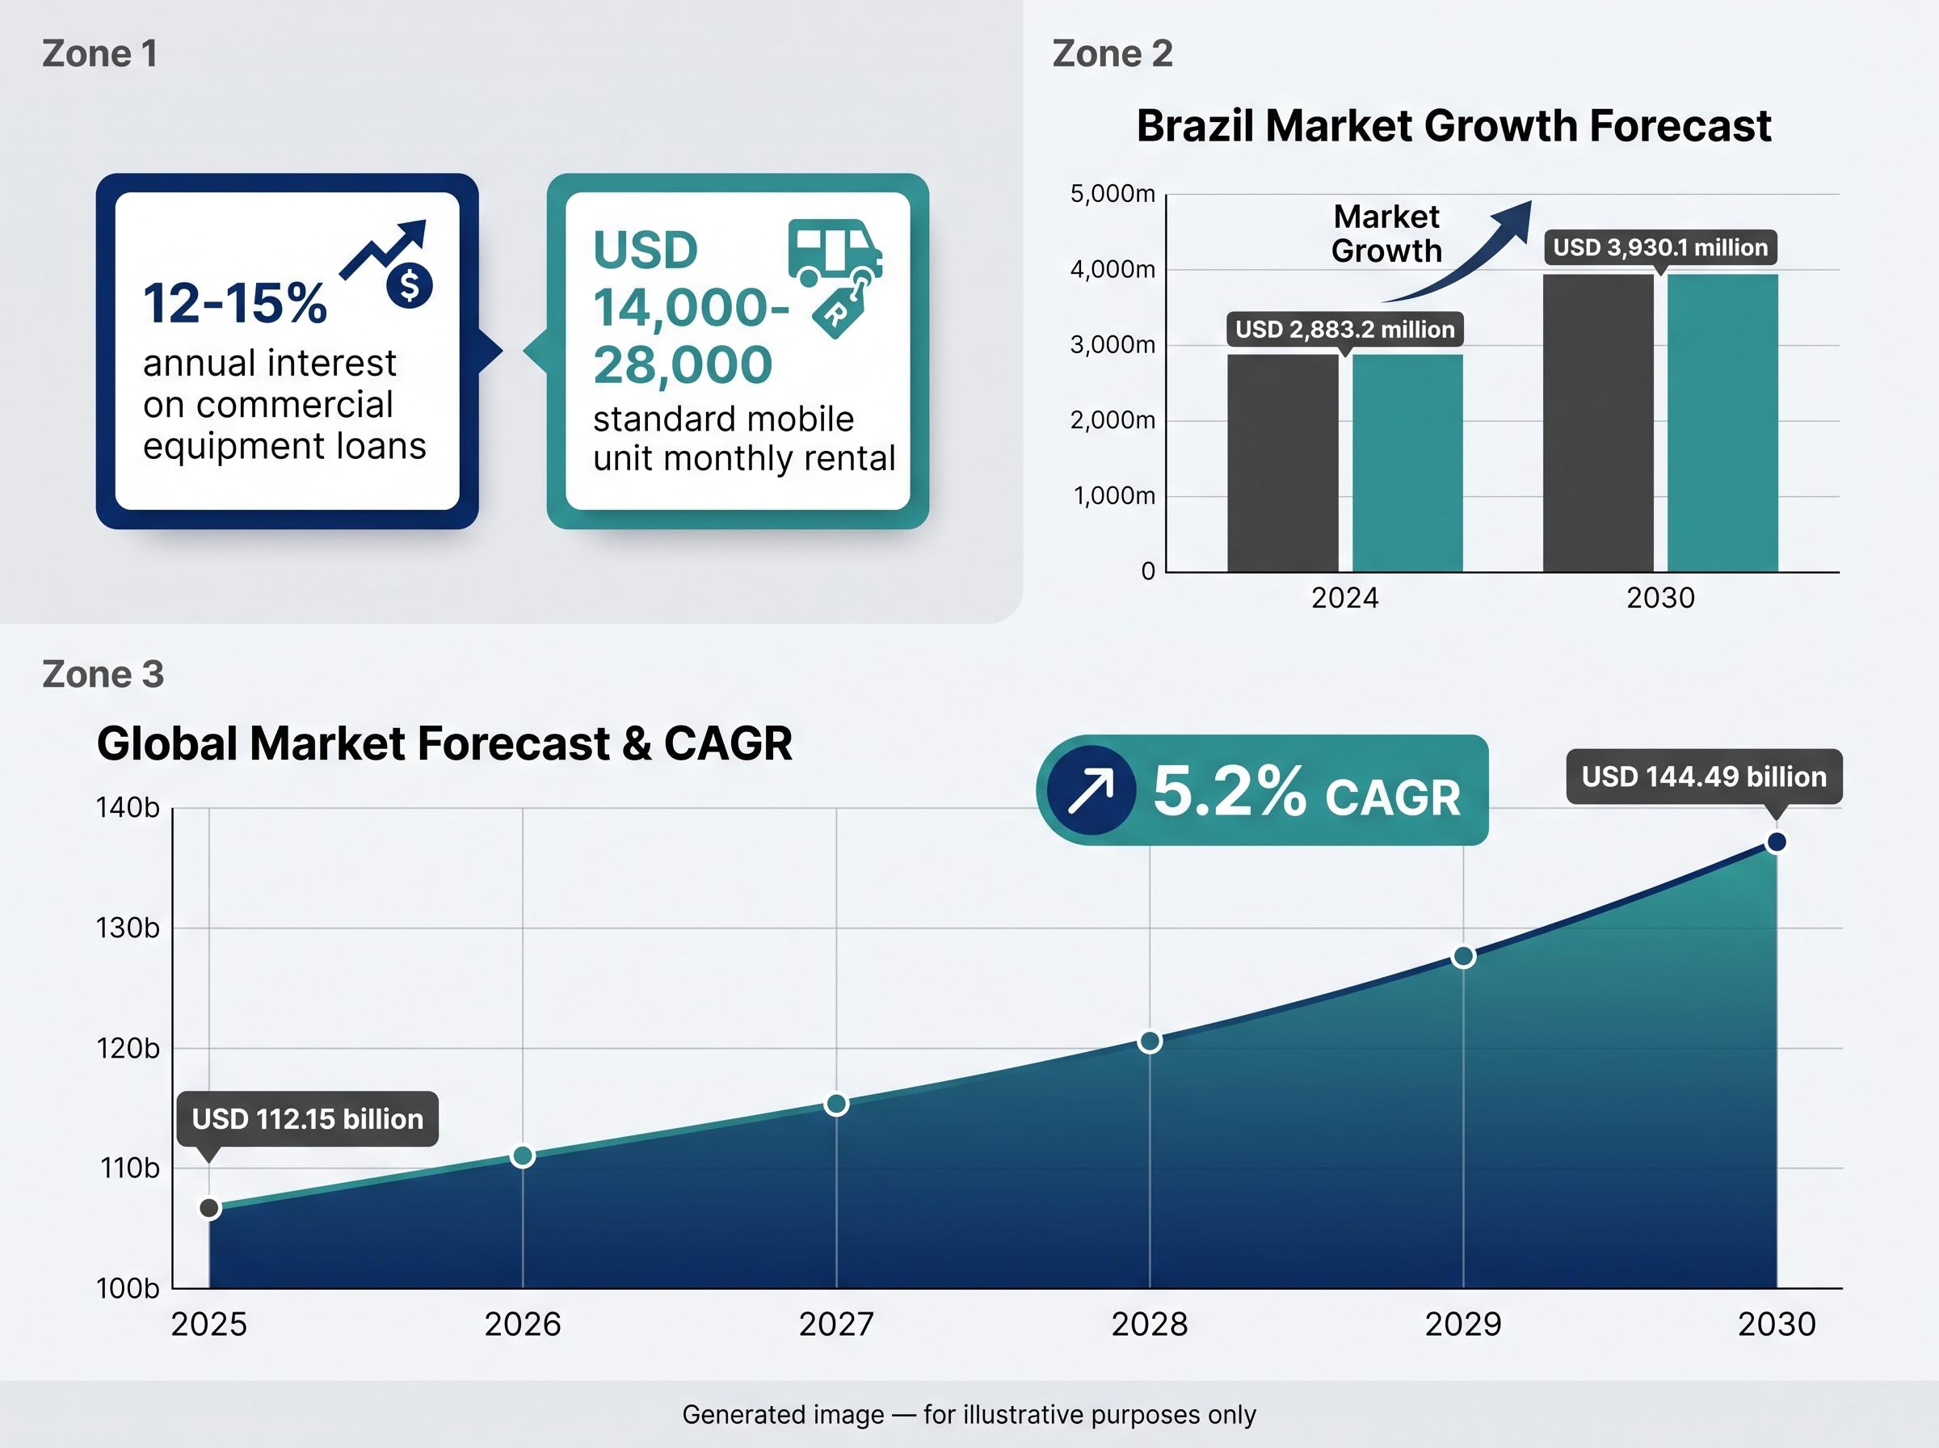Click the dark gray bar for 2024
click(x=1283, y=463)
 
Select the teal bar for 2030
click(x=1722, y=423)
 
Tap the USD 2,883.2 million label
click(x=1344, y=330)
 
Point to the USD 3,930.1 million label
click(x=1660, y=247)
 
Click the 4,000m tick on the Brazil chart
click(x=1113, y=269)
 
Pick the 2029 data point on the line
click(x=1463, y=956)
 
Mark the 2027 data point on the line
click(x=837, y=1105)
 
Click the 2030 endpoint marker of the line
click(x=1777, y=842)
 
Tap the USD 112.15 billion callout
click(x=308, y=1118)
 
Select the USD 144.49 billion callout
click(x=1704, y=777)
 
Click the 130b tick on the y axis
click(x=128, y=928)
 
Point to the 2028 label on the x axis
click(x=1150, y=1324)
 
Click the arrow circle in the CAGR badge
click(x=1091, y=789)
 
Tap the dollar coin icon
click(x=409, y=286)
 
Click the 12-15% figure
click(x=235, y=303)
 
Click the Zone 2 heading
click(x=1112, y=53)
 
